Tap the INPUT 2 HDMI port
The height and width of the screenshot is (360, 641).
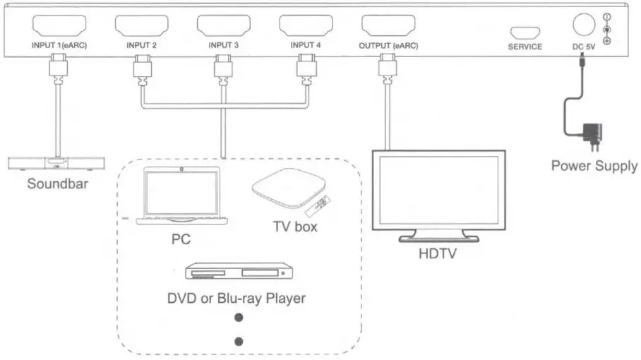pos(141,27)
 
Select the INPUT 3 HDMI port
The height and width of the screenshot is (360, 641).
pos(224,27)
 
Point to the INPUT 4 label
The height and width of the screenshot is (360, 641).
pos(306,47)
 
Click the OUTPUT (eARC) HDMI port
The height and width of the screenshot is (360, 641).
pos(388,27)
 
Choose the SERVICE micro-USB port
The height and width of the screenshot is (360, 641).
pos(525,32)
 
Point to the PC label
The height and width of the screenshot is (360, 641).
pos(181,239)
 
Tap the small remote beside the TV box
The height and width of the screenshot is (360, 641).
pos(316,208)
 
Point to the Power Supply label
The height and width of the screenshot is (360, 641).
pos(594,167)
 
